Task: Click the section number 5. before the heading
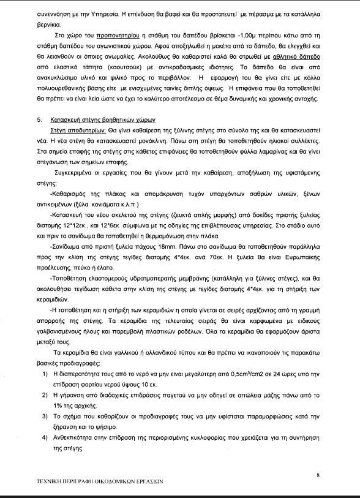coord(40,121)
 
